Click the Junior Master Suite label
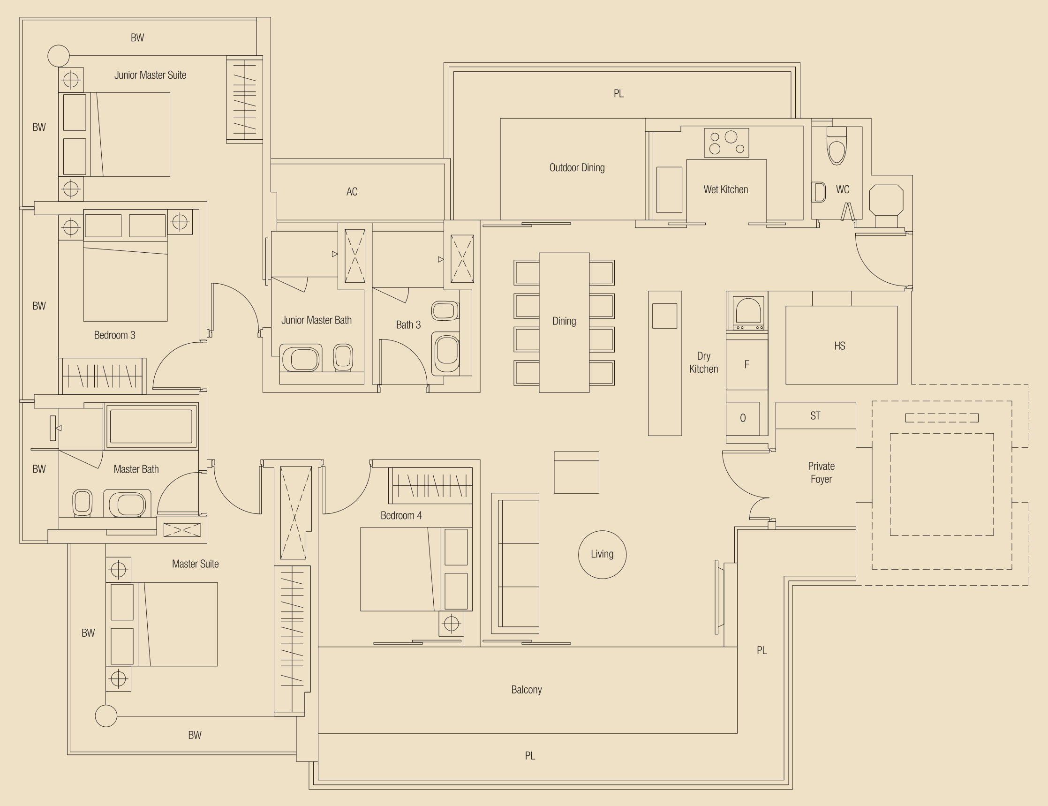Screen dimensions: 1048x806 150,75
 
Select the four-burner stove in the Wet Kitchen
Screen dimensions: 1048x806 726,143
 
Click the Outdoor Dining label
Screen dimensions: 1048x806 577,167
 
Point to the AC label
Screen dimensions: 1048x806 352,192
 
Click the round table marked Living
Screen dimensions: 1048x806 602,554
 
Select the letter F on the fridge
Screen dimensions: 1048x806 746,365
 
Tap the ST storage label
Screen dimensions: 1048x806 815,415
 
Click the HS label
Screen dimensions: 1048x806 840,346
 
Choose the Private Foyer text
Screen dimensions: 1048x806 821,473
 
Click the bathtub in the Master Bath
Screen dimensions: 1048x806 151,427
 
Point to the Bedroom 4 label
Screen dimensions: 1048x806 401,516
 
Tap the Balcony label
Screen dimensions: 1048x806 527,690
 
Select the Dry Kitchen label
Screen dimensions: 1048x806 703,362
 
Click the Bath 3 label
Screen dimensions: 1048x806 408,325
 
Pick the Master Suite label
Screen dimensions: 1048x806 196,564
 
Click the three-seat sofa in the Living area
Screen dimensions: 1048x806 515,563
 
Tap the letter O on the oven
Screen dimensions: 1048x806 743,418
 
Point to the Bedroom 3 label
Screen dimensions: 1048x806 115,335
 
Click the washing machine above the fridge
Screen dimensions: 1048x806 747,312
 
